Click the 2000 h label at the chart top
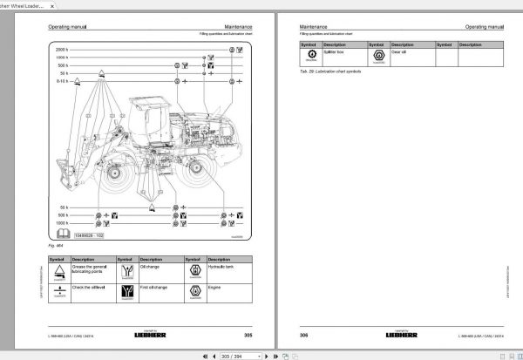click(63, 49)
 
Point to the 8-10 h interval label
click(62, 79)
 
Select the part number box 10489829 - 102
click(86, 235)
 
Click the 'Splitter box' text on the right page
click(336, 52)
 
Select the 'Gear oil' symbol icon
click(377, 56)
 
